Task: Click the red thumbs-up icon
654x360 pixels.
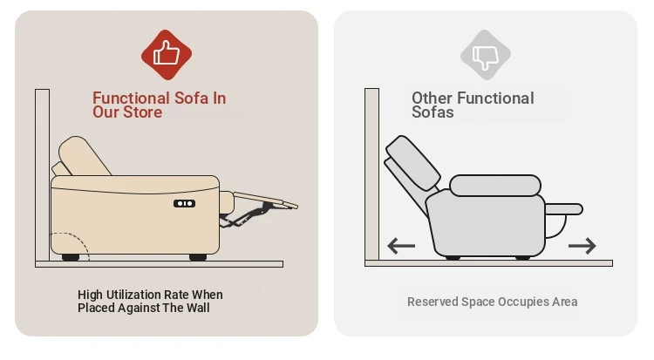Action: [x=167, y=55]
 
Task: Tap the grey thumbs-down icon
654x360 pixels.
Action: [x=486, y=55]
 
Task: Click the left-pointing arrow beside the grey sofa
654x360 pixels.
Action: [x=401, y=246]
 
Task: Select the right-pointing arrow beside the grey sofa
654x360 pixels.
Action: [x=582, y=246]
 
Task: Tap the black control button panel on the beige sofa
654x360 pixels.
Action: [x=184, y=204]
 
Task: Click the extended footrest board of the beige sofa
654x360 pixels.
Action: [x=266, y=200]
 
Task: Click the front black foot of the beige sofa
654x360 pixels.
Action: [x=198, y=257]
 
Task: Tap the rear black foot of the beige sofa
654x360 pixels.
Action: [x=71, y=257]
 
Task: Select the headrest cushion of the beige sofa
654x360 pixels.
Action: [x=85, y=156]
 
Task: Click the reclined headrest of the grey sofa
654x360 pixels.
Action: [x=413, y=163]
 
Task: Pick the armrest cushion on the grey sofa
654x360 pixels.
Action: [x=495, y=186]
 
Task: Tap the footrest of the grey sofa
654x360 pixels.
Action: [x=564, y=209]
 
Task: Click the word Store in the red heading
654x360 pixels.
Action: [x=141, y=112]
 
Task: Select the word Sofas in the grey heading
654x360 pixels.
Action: [x=433, y=112]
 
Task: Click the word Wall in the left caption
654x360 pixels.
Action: [x=198, y=308]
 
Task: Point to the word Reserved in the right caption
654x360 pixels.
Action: [x=433, y=302]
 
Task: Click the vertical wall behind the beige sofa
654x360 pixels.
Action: [x=42, y=175]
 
